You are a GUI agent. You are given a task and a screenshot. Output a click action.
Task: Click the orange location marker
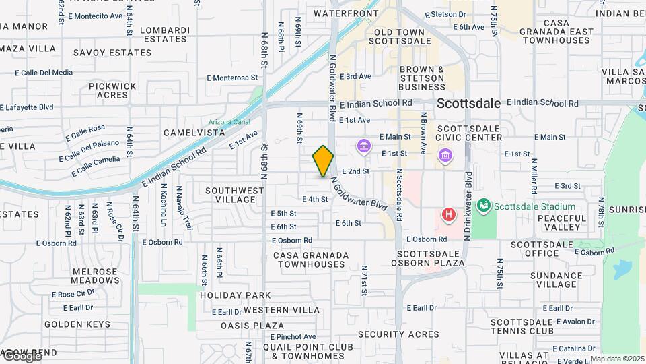coord(323,160)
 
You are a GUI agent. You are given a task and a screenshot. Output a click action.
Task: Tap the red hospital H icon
coord(448,215)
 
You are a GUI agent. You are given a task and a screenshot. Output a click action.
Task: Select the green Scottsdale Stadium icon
coord(482,206)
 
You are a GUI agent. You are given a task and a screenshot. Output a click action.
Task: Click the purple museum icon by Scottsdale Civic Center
coord(445,156)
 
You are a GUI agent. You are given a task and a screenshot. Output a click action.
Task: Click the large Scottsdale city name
coord(468,103)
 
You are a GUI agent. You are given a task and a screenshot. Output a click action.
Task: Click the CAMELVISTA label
coord(194,133)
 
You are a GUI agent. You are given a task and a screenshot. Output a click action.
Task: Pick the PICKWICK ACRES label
coord(112,90)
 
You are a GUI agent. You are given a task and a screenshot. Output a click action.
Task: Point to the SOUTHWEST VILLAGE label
coord(230,195)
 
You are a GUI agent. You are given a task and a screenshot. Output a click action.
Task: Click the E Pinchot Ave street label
coord(293,336)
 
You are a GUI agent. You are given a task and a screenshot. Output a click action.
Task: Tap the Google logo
coord(22,356)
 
